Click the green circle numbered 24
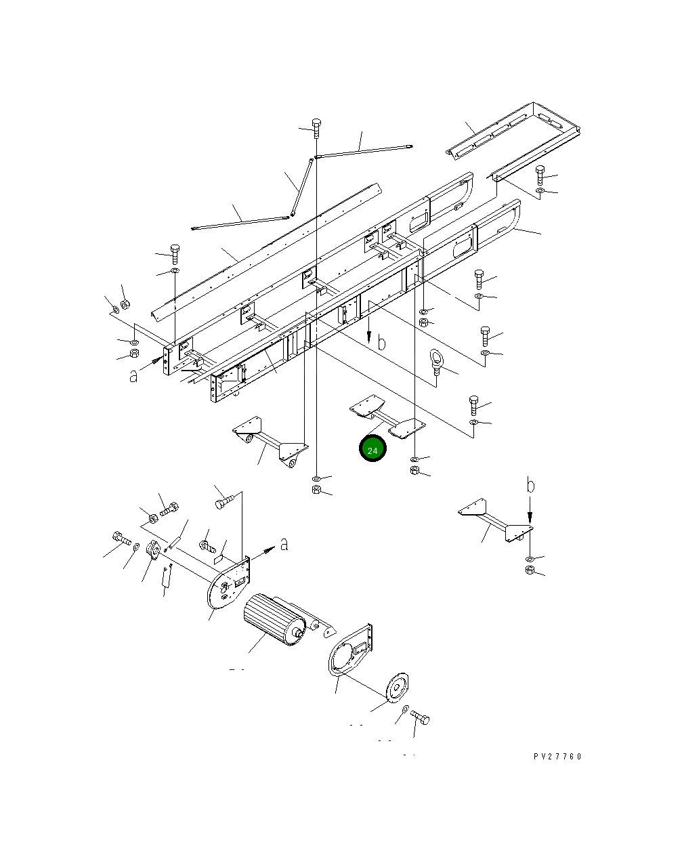click(372, 448)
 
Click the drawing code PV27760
click(557, 757)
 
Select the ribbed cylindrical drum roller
click(274, 620)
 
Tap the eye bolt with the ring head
click(436, 362)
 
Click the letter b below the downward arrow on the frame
click(381, 343)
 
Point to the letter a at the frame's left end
click(133, 376)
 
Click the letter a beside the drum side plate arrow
click(284, 544)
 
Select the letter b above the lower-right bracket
click(530, 484)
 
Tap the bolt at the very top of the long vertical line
click(316, 127)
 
